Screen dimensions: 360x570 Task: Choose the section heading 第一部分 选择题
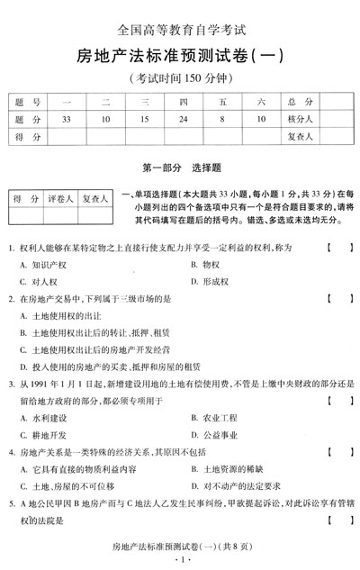pyautogui.click(x=180, y=167)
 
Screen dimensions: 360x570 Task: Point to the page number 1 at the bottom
pyautogui.click(x=181, y=561)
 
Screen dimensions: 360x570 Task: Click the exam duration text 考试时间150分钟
pyautogui.click(x=180, y=77)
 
